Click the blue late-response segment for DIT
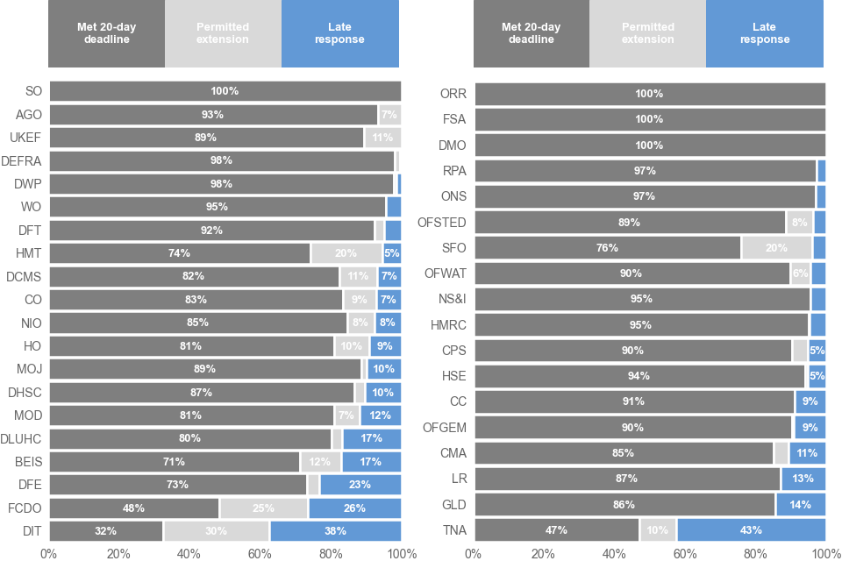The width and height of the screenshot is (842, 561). pyautogui.click(x=336, y=531)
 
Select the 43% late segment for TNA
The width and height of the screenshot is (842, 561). pyautogui.click(x=751, y=530)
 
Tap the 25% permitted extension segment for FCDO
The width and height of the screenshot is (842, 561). pyautogui.click(x=264, y=508)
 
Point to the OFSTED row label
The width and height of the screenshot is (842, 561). pyautogui.click(x=442, y=223)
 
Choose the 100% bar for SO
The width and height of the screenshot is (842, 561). pyautogui.click(x=225, y=91)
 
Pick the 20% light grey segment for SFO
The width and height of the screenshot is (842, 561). pyautogui.click(x=776, y=248)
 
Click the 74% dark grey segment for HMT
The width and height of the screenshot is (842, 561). pyautogui.click(x=180, y=253)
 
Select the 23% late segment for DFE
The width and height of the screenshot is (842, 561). pyautogui.click(x=360, y=485)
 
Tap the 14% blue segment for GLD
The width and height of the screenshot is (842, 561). pyautogui.click(x=800, y=505)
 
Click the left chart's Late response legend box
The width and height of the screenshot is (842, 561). pyautogui.click(x=340, y=33)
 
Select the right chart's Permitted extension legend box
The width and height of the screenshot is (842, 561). pyautogui.click(x=647, y=33)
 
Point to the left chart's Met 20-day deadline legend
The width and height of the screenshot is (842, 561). pyautogui.click(x=107, y=33)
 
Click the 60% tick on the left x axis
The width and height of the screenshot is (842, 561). pyautogui.click(x=260, y=553)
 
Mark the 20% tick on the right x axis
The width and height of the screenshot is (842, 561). pyautogui.click(x=544, y=553)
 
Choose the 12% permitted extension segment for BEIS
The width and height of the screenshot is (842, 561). pyautogui.click(x=321, y=462)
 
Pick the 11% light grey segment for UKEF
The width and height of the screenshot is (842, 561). pyautogui.click(x=382, y=138)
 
